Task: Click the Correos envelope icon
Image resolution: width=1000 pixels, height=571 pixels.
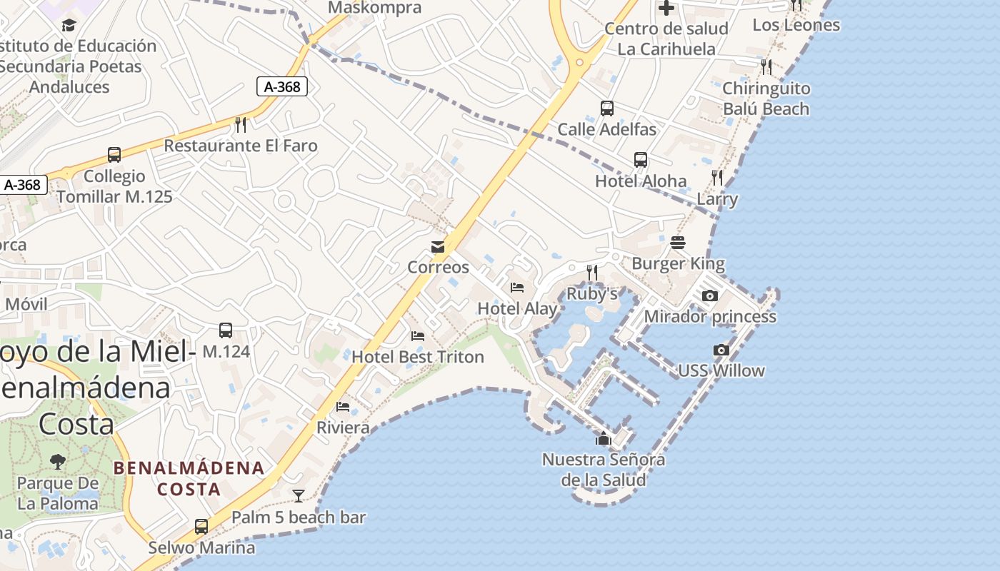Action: [x=438, y=247]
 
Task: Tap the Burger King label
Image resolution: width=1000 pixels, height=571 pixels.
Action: [x=678, y=264]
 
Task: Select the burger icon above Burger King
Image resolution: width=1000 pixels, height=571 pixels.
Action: [x=678, y=243]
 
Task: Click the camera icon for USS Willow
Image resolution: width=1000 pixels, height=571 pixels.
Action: [x=721, y=350]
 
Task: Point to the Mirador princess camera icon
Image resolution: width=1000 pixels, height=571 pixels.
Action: [x=709, y=295]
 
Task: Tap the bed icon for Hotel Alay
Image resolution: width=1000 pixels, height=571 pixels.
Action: [x=517, y=288]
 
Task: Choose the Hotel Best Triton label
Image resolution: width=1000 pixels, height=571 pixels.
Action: [x=418, y=357]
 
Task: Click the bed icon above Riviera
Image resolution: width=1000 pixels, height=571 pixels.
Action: [x=343, y=407]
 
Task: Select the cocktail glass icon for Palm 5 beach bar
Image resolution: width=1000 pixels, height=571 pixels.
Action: [x=299, y=495]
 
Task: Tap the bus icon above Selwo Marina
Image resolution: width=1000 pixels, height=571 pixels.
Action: [x=201, y=527]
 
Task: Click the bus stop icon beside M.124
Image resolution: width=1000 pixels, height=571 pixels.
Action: [x=226, y=330]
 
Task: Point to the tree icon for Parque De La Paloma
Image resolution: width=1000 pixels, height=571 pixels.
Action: [x=58, y=461]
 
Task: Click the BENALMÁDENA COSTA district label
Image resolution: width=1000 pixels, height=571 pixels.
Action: [x=189, y=479]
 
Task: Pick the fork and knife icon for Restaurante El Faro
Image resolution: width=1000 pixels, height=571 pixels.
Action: [x=241, y=125]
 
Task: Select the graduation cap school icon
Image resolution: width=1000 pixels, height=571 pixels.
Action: [x=69, y=26]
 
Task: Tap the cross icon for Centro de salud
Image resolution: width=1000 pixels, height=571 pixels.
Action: [x=666, y=8]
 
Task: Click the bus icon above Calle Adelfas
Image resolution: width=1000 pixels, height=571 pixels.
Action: [x=607, y=108]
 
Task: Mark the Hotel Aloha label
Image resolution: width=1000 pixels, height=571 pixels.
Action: [x=641, y=181]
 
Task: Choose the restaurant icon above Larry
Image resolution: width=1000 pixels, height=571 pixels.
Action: [x=717, y=178]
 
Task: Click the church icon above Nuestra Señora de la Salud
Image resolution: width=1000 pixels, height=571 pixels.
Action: [x=604, y=438]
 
